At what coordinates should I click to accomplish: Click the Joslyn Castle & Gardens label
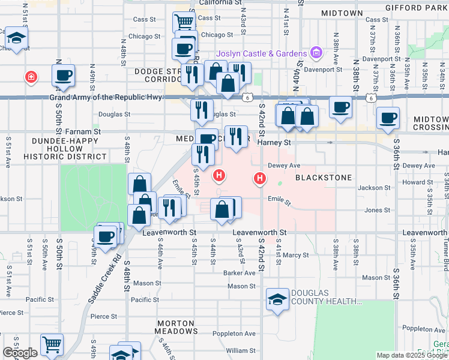click(x=262, y=53)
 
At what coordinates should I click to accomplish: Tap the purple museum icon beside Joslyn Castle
click(x=316, y=54)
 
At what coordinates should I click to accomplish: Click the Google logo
click(x=20, y=353)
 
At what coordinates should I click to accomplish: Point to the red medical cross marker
click(x=29, y=77)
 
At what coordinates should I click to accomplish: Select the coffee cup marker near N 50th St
click(x=62, y=76)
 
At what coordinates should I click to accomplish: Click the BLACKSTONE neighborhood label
click(x=318, y=178)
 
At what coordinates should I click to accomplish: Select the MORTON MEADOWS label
click(x=176, y=326)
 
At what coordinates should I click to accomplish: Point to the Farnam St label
click(x=83, y=131)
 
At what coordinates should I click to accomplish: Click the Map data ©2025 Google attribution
click(x=412, y=355)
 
